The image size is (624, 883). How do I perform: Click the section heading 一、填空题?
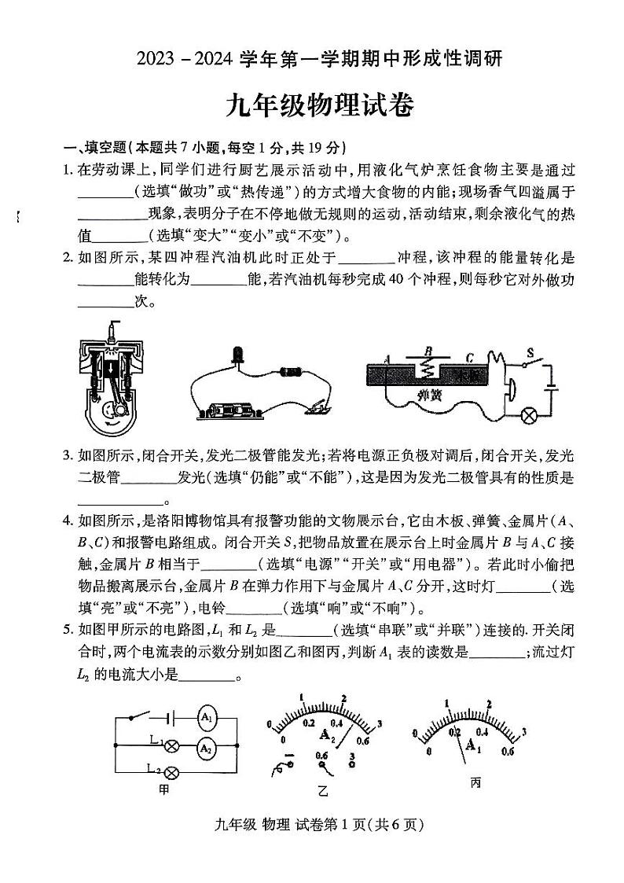pos(95,148)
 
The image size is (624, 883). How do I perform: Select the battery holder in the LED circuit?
pos(233,410)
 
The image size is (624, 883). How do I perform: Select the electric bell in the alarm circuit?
pos(507,391)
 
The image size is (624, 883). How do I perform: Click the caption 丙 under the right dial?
pos(475,783)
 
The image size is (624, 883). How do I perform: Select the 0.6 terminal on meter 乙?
pos(321,756)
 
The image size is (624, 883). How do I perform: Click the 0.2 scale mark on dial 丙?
pos(454,732)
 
